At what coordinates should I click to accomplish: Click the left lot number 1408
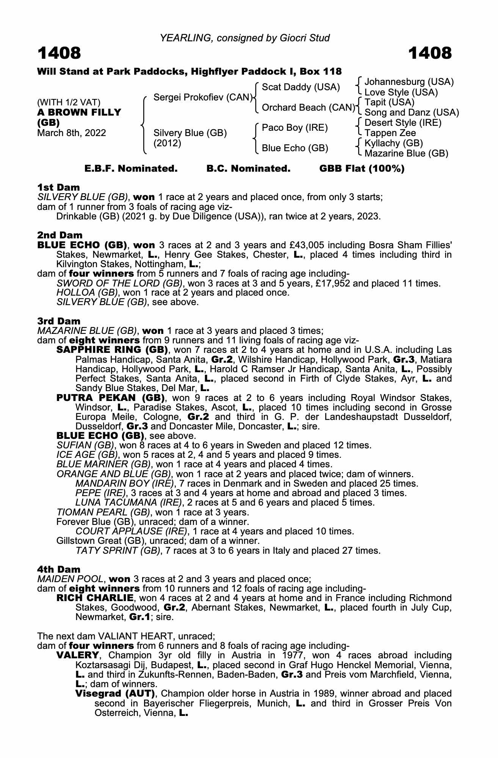click(x=59, y=53)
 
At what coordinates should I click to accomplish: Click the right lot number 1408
click(x=430, y=53)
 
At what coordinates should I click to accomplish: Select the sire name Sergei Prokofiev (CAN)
click(x=203, y=97)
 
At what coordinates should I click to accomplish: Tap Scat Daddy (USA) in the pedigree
click(x=301, y=87)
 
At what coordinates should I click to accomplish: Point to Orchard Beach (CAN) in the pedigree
click(x=309, y=108)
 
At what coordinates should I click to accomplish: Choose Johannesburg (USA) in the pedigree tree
click(x=409, y=82)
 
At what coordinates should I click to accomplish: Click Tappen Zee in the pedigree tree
click(x=390, y=133)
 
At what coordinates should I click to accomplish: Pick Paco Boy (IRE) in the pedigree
click(x=295, y=128)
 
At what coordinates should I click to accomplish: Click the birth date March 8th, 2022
click(x=72, y=133)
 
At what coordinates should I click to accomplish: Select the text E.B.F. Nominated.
click(x=131, y=169)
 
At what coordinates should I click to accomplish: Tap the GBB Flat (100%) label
click(x=362, y=169)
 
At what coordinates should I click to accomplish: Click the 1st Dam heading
click(x=59, y=187)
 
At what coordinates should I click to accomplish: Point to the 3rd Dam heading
click(x=59, y=321)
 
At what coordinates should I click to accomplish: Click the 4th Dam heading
click(x=59, y=569)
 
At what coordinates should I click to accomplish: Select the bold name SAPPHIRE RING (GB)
click(x=112, y=349)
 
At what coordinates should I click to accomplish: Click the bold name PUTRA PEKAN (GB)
click(x=110, y=398)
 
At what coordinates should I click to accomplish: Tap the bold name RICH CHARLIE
click(x=95, y=598)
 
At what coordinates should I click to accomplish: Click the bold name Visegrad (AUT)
click(x=115, y=694)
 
